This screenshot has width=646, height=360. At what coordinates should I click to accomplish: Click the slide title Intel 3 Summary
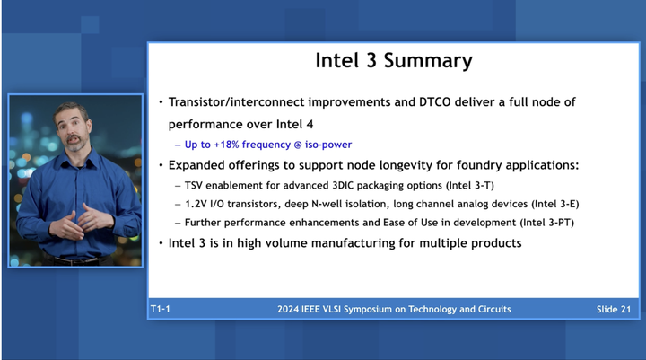(393, 61)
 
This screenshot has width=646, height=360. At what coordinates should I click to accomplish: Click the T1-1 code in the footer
(162, 309)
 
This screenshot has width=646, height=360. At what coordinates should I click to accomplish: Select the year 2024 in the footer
(291, 309)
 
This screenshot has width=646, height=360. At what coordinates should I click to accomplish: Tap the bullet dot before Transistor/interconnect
(161, 102)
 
